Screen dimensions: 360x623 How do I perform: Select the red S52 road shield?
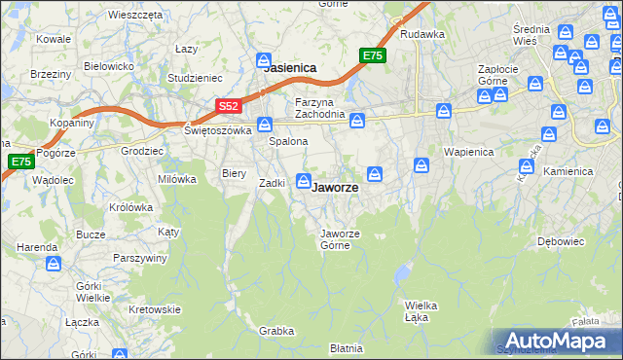[x=227, y=105]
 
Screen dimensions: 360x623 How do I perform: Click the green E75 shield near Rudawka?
[x=372, y=55]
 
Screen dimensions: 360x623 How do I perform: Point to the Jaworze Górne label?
[x=341, y=238]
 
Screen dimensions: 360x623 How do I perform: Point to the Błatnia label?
[x=346, y=347]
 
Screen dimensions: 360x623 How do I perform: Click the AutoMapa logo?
[x=554, y=341]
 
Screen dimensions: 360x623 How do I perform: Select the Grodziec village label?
[x=141, y=152]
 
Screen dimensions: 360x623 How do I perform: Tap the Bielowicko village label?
[x=108, y=66]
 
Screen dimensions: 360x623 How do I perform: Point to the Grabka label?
[x=276, y=331]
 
